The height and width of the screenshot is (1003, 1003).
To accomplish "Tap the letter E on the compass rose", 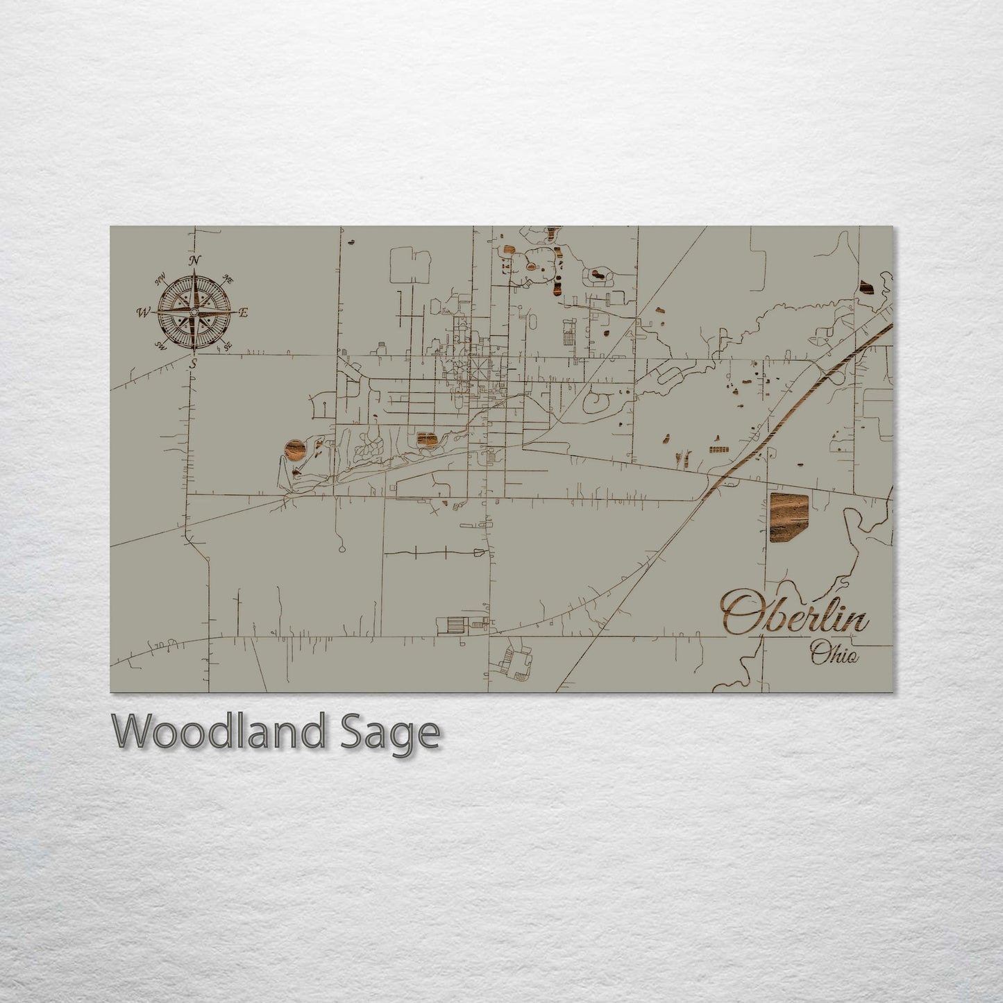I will [x=243, y=313].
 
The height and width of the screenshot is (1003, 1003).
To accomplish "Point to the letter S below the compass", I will [x=194, y=362].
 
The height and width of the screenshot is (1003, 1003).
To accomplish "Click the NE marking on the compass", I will [x=226, y=280].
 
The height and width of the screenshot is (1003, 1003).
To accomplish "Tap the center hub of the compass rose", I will [x=194, y=313].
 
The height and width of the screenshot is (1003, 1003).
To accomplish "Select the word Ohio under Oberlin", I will [x=834, y=654].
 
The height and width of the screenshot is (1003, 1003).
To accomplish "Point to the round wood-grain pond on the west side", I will [x=294, y=450].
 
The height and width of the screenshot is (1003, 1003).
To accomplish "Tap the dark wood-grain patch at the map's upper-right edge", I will [x=866, y=288].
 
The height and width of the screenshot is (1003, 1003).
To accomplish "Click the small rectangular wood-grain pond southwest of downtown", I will [x=426, y=440].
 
